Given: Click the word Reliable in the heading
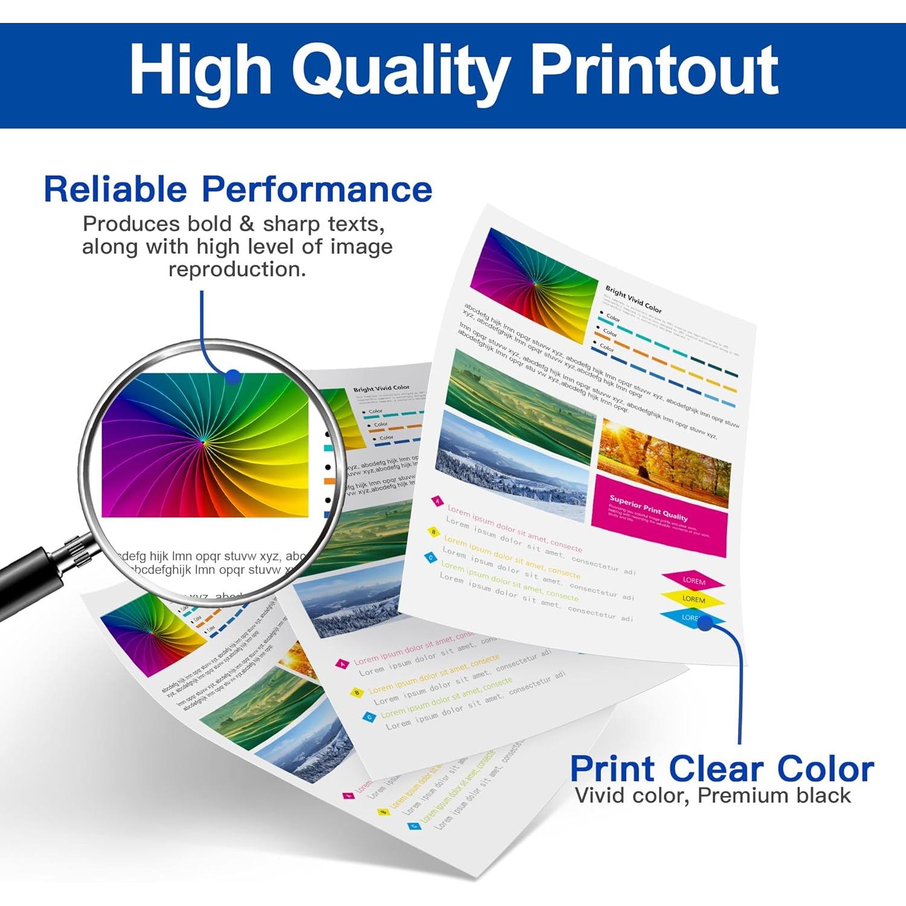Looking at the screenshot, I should click(115, 189).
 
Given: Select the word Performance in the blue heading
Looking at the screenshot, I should click(317, 189).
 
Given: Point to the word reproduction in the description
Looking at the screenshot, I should click(237, 269).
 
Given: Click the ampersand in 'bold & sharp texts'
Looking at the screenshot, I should click(246, 224).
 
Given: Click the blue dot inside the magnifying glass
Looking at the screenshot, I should click(233, 377).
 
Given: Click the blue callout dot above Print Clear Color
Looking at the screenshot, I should click(705, 623).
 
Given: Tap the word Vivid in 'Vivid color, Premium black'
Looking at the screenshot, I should click(600, 795).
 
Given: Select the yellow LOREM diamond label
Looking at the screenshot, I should click(693, 599).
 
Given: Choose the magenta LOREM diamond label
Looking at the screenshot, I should click(693, 581).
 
